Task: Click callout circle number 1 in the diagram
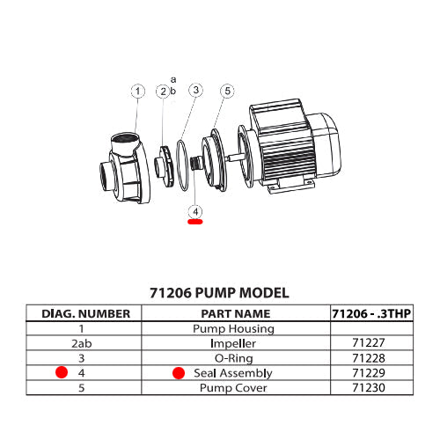click(x=137, y=91)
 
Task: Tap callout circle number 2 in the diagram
click(x=163, y=92)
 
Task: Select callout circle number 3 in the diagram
click(x=195, y=91)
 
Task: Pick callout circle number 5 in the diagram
click(x=227, y=91)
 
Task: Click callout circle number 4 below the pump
click(x=194, y=211)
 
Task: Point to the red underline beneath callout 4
click(x=194, y=223)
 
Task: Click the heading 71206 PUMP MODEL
click(x=219, y=292)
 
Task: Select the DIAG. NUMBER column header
click(x=86, y=313)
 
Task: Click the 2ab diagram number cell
click(x=86, y=343)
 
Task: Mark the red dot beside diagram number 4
click(x=62, y=373)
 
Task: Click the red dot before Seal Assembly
click(x=179, y=373)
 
